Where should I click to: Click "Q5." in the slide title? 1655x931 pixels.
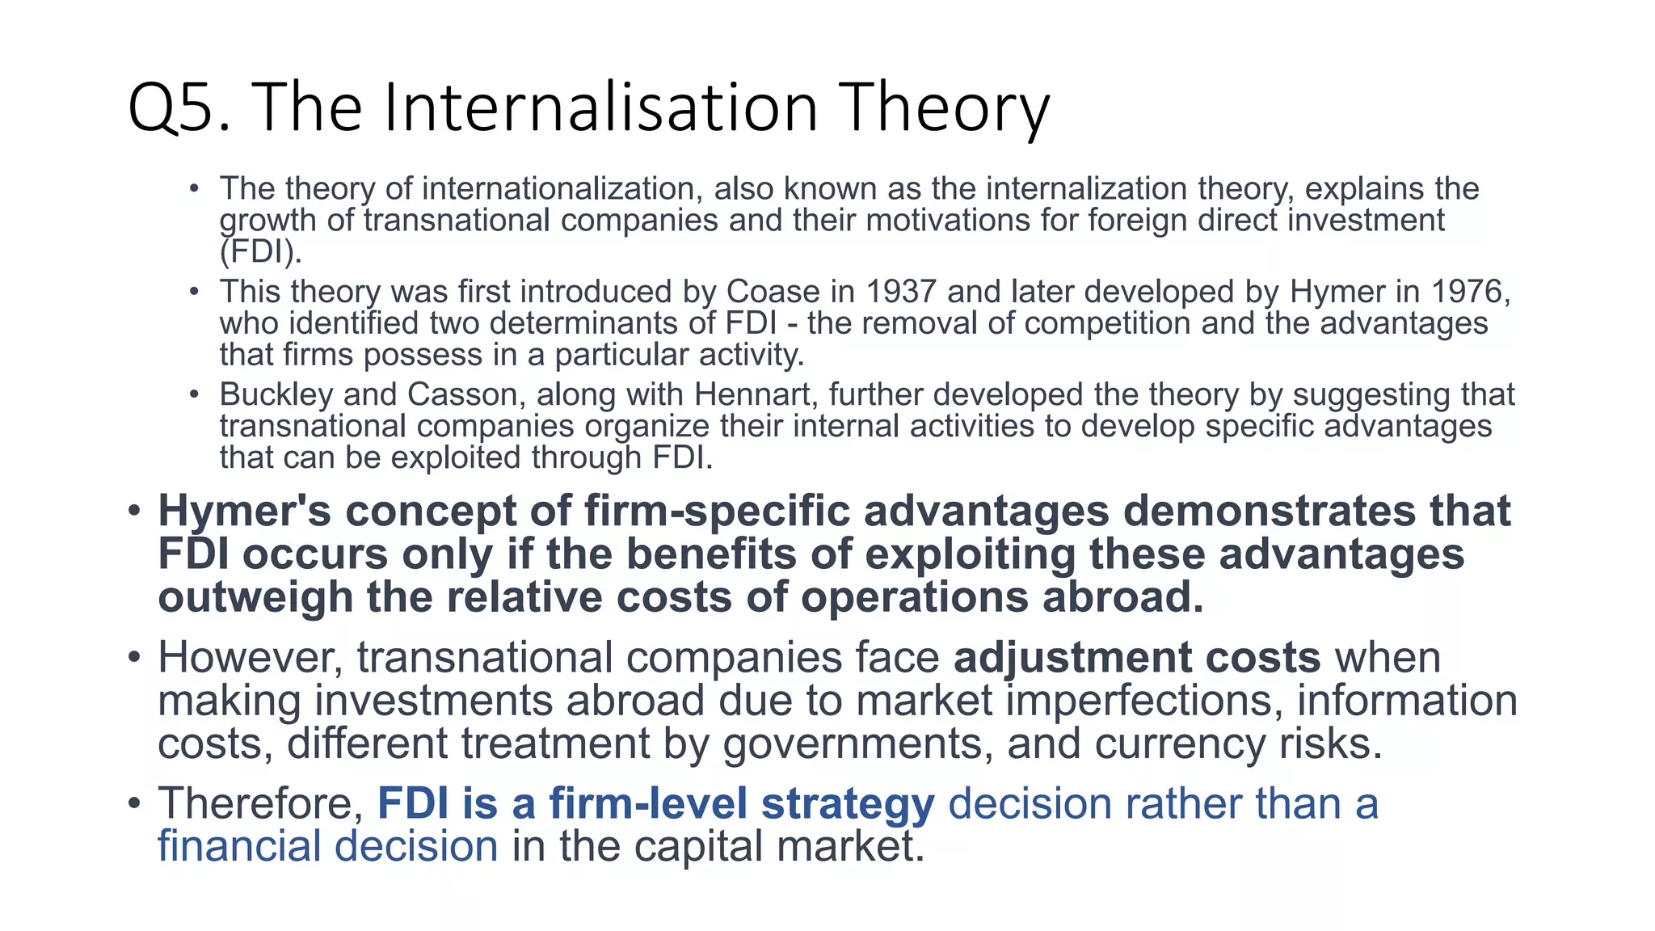click(180, 109)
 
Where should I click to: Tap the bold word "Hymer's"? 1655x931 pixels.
click(244, 512)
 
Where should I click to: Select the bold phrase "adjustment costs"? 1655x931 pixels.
click(1137, 657)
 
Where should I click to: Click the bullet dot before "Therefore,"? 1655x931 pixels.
click(134, 803)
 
